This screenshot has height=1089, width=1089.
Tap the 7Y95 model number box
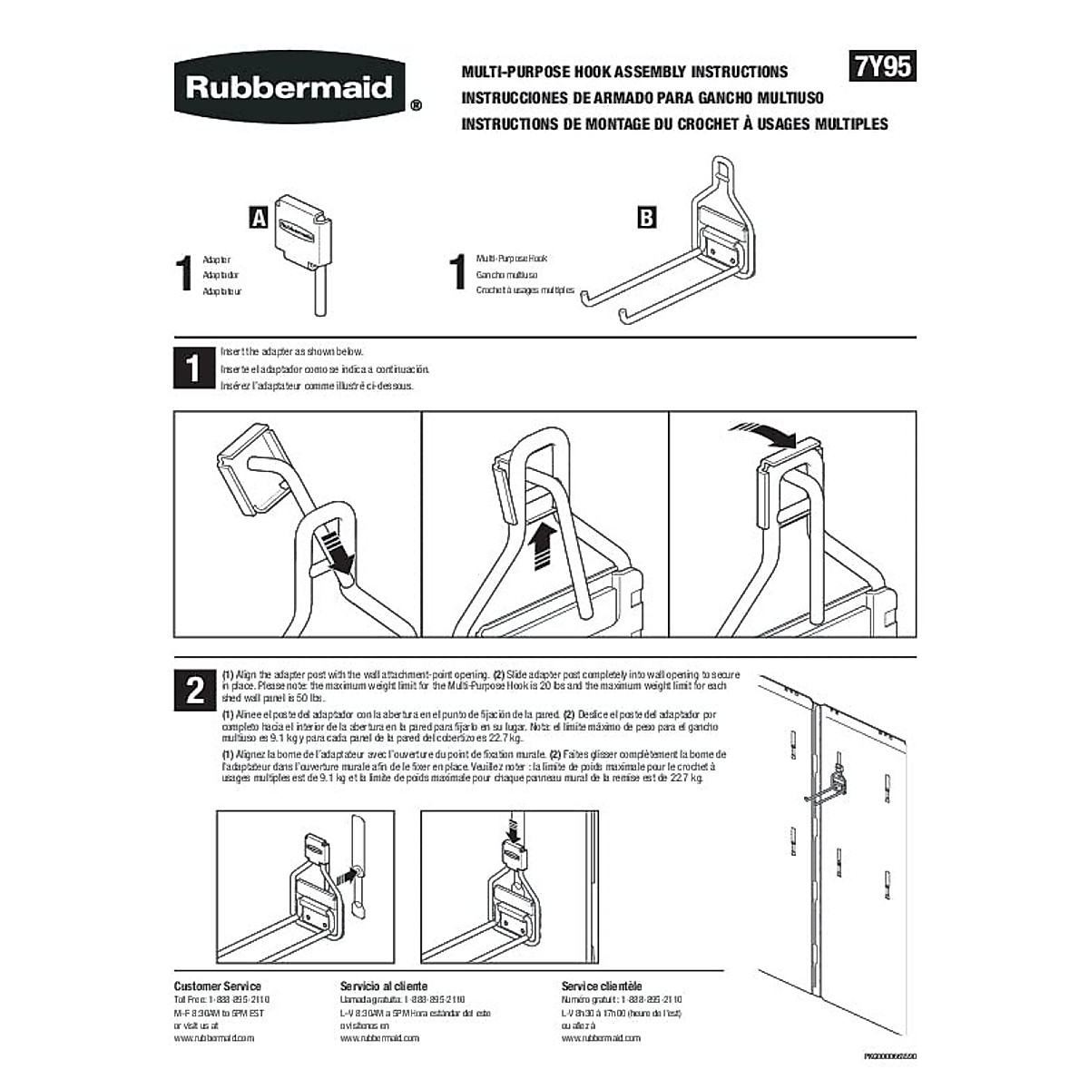coord(882,68)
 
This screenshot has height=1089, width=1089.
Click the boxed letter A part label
coord(259,218)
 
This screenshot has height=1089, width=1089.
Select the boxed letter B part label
coord(646,218)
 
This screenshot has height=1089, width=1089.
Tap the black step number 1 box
coord(193,368)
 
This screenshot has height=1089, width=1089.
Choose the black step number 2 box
coord(194,691)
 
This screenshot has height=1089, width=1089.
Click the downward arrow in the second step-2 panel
coord(515,827)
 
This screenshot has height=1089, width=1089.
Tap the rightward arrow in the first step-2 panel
coord(345,877)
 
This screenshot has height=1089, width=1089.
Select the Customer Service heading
coord(217,986)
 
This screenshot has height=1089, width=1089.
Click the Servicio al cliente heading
coord(383,986)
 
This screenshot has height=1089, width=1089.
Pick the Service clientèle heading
coord(602,986)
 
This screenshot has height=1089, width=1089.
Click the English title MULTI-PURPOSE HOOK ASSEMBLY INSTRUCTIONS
coord(624,72)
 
